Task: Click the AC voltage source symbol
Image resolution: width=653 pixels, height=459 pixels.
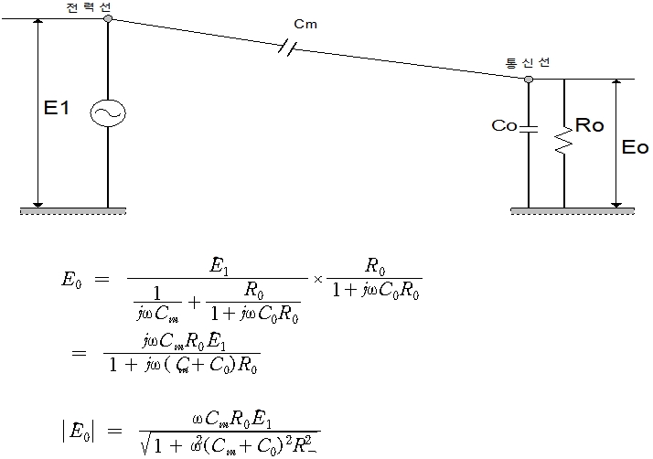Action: tap(108, 112)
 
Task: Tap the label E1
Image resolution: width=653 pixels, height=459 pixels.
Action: tap(57, 109)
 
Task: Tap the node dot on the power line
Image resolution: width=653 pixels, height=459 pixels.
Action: tap(108, 18)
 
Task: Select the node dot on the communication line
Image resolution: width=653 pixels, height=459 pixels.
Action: tap(529, 80)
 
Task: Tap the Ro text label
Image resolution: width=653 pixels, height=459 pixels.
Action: tap(590, 126)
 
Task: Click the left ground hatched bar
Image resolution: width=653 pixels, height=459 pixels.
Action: tap(73, 212)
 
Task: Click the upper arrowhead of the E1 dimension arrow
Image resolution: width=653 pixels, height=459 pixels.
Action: tap(37, 23)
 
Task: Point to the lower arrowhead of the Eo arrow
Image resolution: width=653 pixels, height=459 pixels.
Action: tap(617, 203)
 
